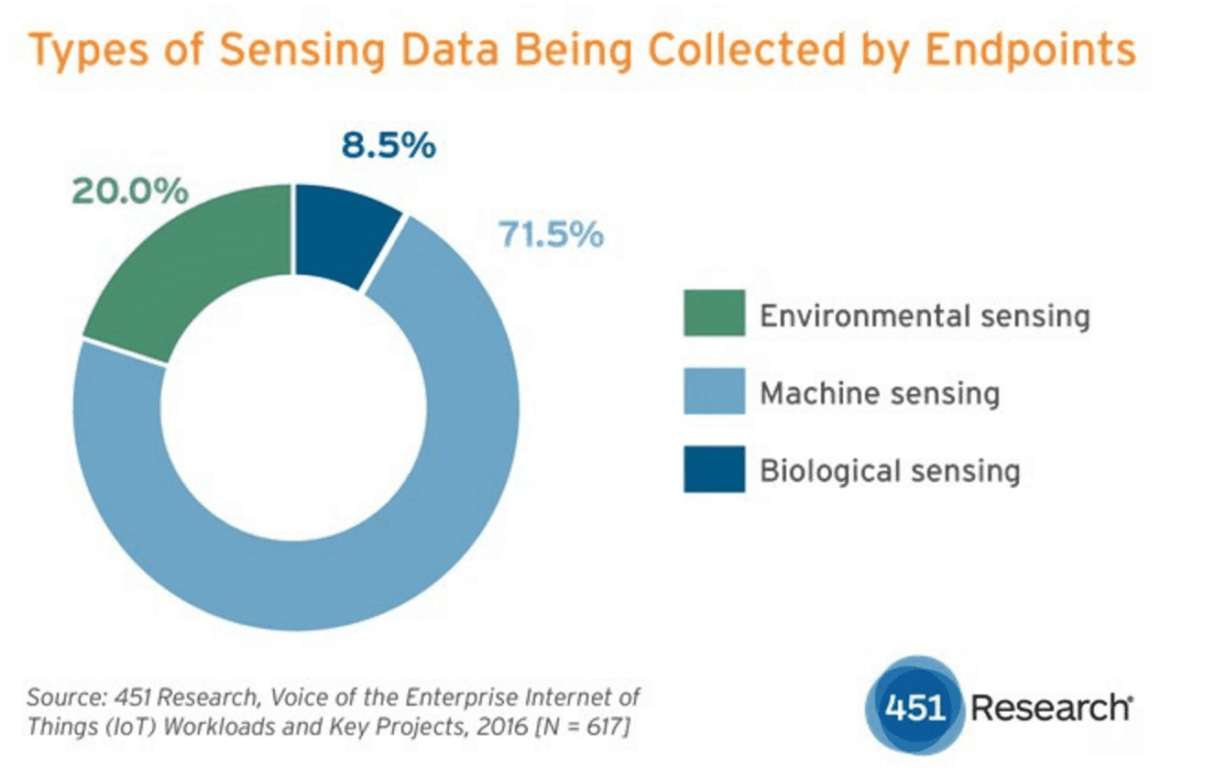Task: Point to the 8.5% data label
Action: click(x=389, y=146)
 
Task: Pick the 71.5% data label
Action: click(x=551, y=235)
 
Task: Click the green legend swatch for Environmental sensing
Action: click(x=714, y=314)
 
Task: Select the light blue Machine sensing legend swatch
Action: click(x=714, y=392)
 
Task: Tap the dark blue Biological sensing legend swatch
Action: click(x=714, y=470)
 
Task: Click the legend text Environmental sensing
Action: click(x=925, y=316)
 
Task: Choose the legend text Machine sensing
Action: click(x=879, y=394)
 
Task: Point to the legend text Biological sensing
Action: click(x=890, y=472)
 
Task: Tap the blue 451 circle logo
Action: click(x=913, y=708)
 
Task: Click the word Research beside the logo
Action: click(x=1050, y=708)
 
